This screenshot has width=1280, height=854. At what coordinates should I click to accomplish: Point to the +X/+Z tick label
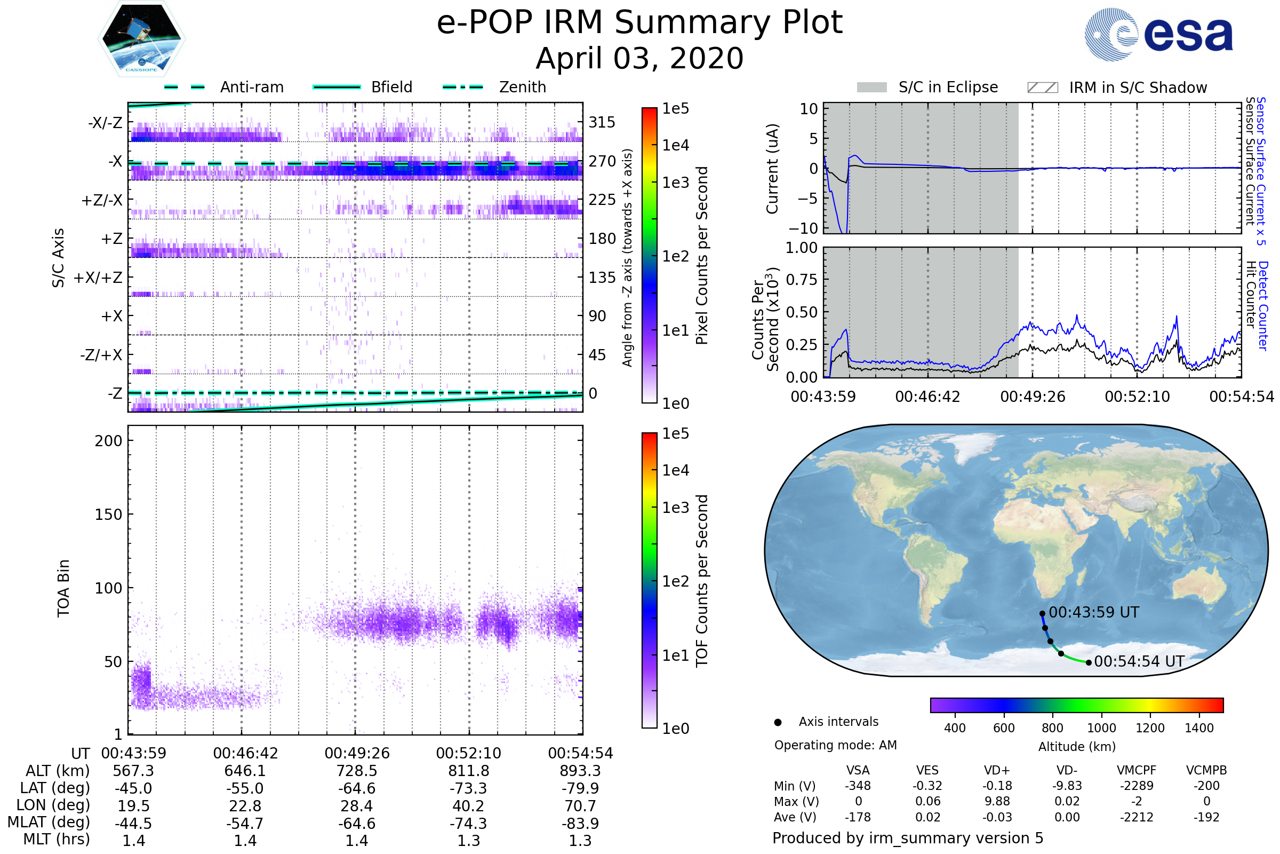[x=98, y=278]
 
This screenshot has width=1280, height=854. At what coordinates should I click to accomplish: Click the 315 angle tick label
[x=602, y=122]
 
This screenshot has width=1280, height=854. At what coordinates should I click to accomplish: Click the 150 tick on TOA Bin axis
[x=108, y=515]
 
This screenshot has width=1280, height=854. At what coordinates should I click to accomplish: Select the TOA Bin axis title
[x=63, y=588]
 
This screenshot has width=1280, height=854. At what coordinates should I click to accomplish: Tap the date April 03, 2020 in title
[x=639, y=58]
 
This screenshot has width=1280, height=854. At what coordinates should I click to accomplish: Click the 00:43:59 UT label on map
[x=1094, y=612]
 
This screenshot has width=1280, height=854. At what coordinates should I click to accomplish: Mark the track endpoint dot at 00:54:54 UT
[x=1089, y=663]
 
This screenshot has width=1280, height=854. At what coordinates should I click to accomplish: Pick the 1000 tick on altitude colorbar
[x=1101, y=728]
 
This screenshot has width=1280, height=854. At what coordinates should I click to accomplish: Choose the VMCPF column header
[x=1137, y=770]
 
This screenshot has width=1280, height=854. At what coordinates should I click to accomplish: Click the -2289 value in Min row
[x=1137, y=786]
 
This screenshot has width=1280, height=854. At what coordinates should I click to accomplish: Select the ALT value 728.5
[x=357, y=771]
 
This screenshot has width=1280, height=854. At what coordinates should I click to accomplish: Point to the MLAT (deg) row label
[x=49, y=823]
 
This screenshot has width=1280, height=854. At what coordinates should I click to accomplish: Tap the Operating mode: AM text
[x=835, y=745]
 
